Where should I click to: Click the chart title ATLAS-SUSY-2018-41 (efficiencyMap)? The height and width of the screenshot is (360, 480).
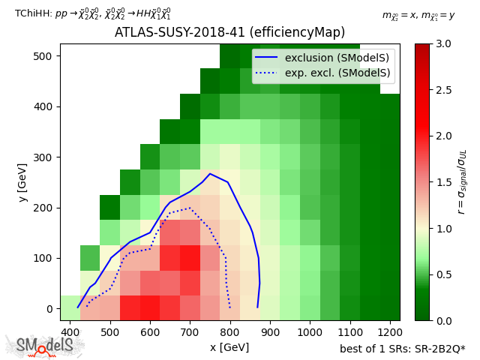pyautogui.click(x=229, y=32)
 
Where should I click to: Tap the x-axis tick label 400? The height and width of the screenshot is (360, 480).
pyautogui.click(x=70, y=332)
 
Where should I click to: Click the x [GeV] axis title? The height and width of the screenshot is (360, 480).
pyautogui.click(x=229, y=347)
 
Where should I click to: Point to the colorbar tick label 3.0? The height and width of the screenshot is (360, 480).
pyautogui.click(x=443, y=44)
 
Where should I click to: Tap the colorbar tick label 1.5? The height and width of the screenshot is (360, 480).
pyautogui.click(x=443, y=182)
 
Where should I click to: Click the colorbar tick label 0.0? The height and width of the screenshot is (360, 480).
pyautogui.click(x=443, y=321)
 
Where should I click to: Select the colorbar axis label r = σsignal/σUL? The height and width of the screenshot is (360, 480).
pyautogui.click(x=461, y=181)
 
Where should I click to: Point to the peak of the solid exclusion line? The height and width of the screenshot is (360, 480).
pyautogui.click(x=210, y=174)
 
